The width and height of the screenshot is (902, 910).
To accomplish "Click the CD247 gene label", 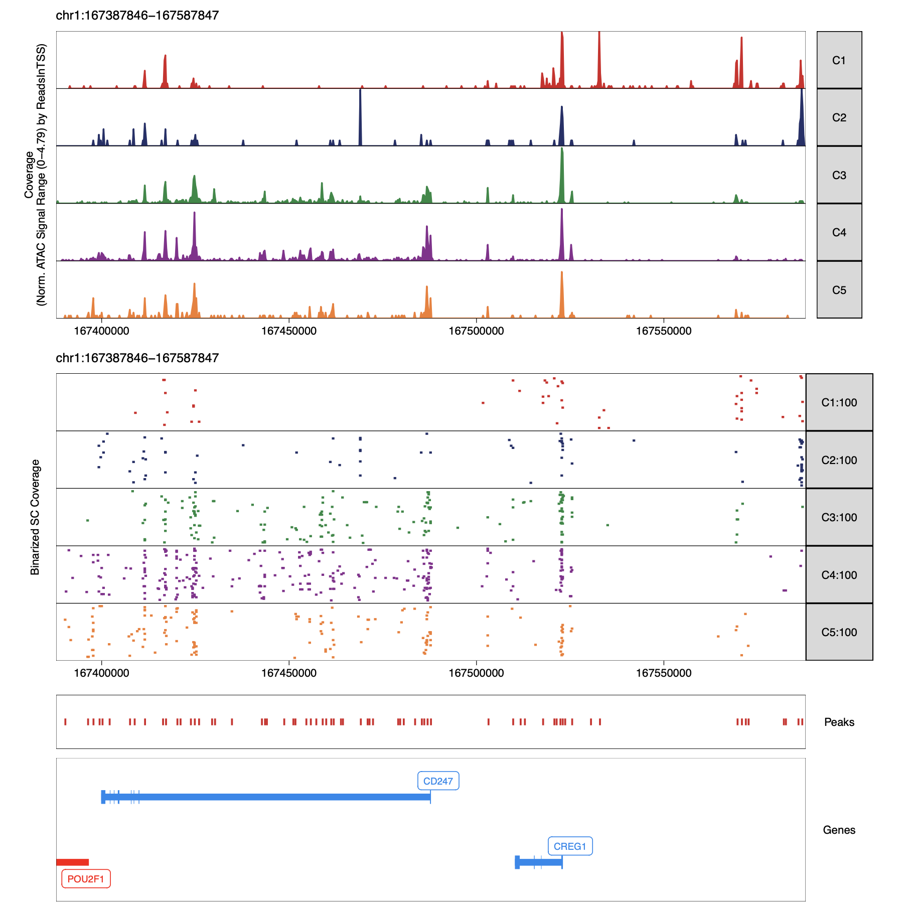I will click(x=438, y=781).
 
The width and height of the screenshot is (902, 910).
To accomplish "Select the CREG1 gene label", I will click(x=570, y=846).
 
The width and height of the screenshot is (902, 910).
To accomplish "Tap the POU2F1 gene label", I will click(x=86, y=879).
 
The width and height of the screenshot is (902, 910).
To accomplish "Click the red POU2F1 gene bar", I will click(x=73, y=862).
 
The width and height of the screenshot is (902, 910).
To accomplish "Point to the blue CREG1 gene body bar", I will click(x=540, y=862).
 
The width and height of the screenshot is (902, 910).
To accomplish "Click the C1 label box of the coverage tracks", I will click(x=839, y=60).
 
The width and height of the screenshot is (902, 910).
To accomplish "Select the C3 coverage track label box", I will click(x=839, y=175).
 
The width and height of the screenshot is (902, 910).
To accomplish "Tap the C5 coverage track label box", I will click(x=839, y=290).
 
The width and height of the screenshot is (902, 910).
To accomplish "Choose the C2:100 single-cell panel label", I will click(x=839, y=460).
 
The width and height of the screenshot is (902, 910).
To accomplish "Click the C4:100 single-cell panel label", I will click(x=839, y=575).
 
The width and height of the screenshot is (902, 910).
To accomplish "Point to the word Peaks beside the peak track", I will click(x=839, y=722).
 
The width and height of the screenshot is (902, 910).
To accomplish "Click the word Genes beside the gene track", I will click(x=839, y=830).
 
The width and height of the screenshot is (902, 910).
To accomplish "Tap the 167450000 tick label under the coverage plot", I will click(x=289, y=331).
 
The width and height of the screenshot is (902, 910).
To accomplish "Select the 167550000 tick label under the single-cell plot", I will click(x=663, y=673).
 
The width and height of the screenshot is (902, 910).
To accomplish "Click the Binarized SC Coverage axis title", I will click(x=35, y=517).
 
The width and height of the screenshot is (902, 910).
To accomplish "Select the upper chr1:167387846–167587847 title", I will click(x=137, y=16).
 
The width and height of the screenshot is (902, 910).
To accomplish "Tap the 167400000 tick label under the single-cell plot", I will click(x=101, y=673).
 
